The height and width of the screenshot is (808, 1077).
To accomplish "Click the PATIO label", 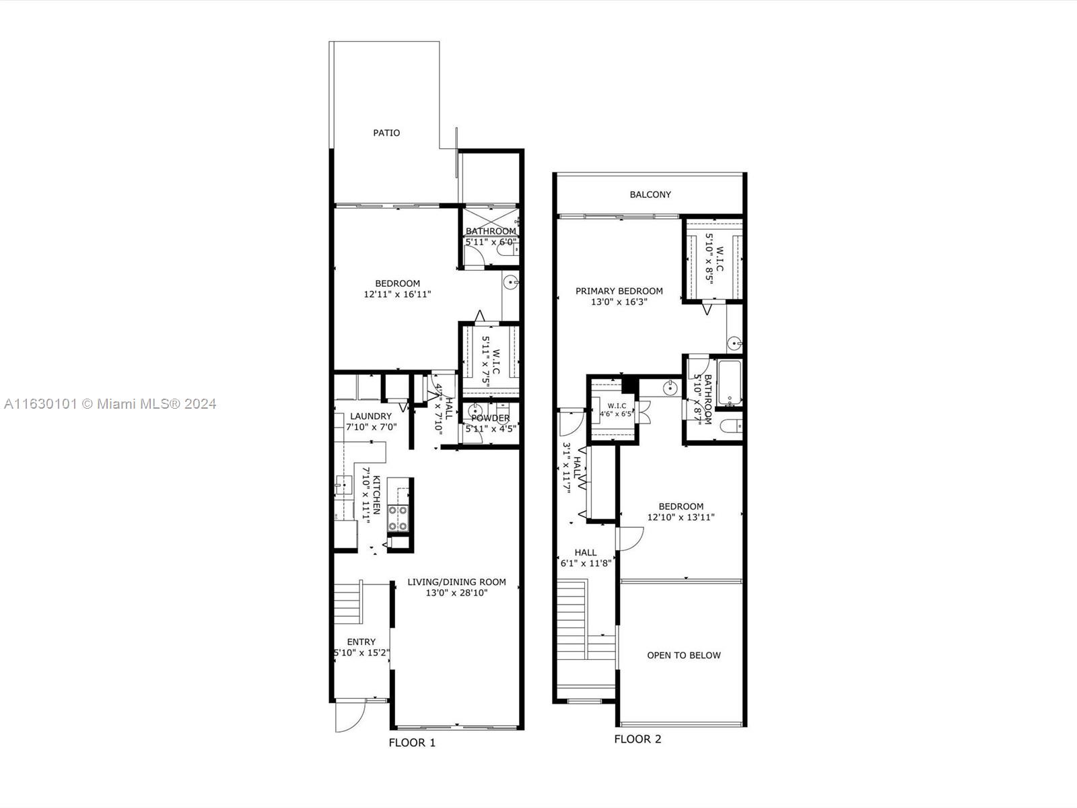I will (x=386, y=133).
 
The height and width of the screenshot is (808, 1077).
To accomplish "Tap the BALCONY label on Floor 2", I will (x=650, y=195).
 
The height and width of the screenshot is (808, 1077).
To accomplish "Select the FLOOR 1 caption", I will (x=412, y=743).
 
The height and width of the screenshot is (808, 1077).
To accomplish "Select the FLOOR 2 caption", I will (x=637, y=739).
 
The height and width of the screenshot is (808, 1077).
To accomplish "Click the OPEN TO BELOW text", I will (x=683, y=655).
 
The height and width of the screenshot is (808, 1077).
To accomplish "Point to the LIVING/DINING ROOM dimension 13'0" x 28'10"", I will (x=456, y=593).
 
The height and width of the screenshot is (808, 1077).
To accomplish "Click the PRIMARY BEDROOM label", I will (x=619, y=291).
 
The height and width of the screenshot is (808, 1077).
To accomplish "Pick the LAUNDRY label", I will (x=370, y=416).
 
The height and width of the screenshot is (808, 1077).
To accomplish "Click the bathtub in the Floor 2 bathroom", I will (x=728, y=384).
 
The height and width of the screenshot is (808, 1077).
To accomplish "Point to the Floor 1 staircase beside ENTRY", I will (x=348, y=603).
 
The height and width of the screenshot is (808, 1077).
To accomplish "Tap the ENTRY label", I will (x=361, y=642).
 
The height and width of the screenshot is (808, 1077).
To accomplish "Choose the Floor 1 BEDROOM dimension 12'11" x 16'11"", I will (x=397, y=294).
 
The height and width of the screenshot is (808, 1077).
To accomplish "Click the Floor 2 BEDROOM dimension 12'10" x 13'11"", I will (x=681, y=518).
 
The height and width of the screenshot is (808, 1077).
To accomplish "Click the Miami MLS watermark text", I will (x=110, y=404).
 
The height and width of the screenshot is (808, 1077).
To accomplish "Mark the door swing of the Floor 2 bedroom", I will (x=631, y=537).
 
